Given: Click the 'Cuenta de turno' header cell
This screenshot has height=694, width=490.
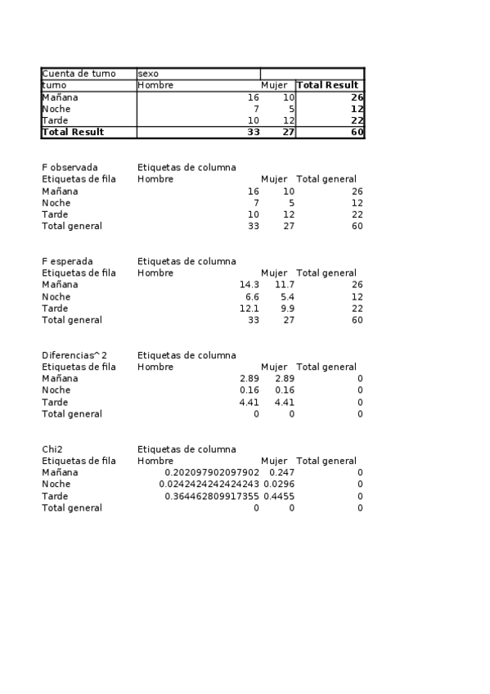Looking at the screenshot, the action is tap(79, 74).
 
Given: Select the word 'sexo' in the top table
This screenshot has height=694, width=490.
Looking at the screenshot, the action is tap(148, 74).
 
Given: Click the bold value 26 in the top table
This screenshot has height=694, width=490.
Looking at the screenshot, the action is tap(357, 97).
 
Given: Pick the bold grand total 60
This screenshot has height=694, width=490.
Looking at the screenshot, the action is tap(357, 132).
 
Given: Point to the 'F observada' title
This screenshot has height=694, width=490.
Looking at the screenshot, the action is tap(70, 168).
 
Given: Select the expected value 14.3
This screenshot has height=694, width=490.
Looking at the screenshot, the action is tap(249, 285).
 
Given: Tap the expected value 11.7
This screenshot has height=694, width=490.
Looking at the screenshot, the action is tap(284, 285).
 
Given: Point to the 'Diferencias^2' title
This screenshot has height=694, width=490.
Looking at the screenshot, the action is tap(74, 355).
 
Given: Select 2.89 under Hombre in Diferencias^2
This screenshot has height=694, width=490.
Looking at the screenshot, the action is tap(249, 379).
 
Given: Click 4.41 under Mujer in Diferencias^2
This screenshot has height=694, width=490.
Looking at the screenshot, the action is tap(284, 403).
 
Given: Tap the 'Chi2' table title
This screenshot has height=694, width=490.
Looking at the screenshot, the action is tap(53, 449).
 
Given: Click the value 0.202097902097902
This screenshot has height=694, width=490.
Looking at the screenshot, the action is tap(212, 473).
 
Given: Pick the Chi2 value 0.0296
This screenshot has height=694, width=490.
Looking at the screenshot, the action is tap(280, 484).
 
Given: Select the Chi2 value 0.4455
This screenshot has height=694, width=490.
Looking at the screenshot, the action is tap(280, 497).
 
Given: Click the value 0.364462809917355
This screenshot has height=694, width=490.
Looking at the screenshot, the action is tap(212, 497).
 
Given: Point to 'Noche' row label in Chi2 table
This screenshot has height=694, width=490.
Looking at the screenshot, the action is tap(56, 484).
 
